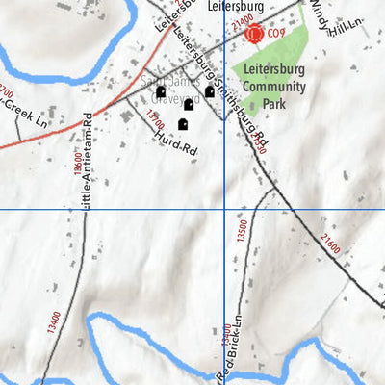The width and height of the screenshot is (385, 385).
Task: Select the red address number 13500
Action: [242, 231]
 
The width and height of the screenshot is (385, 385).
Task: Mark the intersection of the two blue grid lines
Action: [224, 209]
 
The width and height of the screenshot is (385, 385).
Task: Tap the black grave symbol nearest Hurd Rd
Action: [183, 124]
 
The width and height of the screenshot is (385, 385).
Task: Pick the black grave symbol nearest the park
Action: [210, 91]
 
